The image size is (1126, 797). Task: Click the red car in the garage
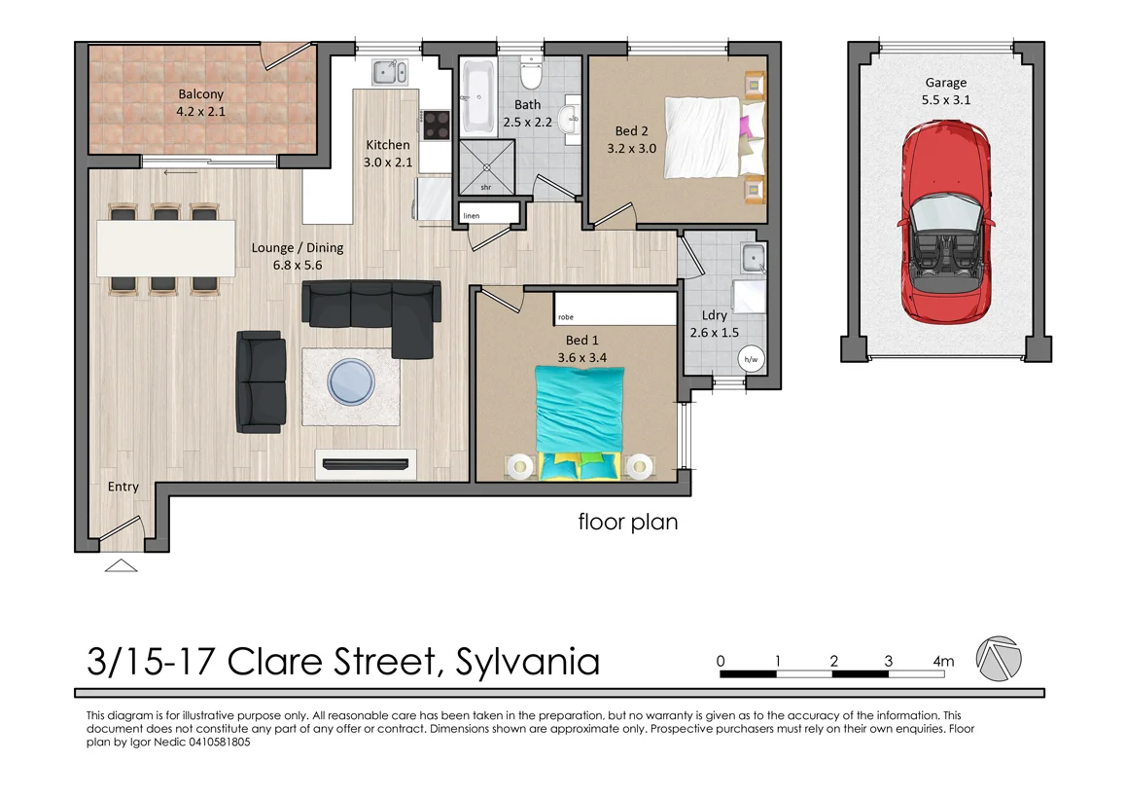tap(945, 224)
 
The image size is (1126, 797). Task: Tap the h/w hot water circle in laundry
tap(751, 359)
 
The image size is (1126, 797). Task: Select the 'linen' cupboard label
tap(472, 215)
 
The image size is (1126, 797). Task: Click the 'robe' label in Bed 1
tap(565, 316)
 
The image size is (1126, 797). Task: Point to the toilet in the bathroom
tap(531, 74)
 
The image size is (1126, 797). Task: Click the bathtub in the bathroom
tap(478, 98)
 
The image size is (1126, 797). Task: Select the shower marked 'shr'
tap(486, 166)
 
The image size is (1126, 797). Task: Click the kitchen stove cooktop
tap(436, 125)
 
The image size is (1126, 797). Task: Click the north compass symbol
tap(1000, 660)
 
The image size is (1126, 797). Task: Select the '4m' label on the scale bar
tap(942, 662)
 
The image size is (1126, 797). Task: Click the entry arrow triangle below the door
tap(121, 565)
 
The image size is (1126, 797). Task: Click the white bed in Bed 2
tap(702, 136)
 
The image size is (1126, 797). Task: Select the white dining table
tap(166, 248)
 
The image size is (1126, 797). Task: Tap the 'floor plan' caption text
tap(628, 523)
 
